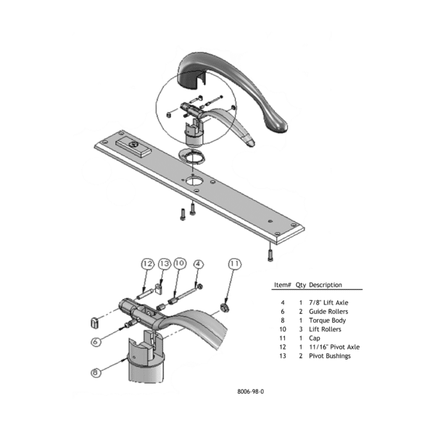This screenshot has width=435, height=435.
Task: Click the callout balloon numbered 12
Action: (148, 264)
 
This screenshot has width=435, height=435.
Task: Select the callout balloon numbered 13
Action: (165, 264)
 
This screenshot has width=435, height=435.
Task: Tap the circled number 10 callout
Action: (180, 263)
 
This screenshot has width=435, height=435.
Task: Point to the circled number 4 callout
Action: (198, 265)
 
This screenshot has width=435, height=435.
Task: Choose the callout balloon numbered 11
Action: (235, 264)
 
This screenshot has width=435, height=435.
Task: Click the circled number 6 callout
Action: (96, 341)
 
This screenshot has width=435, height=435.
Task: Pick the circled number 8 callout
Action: (96, 373)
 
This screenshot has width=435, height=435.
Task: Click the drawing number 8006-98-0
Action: (251, 391)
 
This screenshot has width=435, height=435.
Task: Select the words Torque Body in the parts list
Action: (328, 320)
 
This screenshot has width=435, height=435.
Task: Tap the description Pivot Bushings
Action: (330, 356)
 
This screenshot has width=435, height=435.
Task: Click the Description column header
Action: (326, 285)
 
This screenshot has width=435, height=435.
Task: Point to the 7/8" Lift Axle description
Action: (328, 302)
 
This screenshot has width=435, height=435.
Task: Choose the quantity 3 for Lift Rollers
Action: (301, 329)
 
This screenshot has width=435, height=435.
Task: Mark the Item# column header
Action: (283, 285)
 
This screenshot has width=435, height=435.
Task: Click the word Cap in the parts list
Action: (315, 338)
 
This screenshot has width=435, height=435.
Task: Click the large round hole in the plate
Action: (193, 181)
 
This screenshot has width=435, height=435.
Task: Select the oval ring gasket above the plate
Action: (192, 157)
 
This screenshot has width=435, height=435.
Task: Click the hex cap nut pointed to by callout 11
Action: (225, 307)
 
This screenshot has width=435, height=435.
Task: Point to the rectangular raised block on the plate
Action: (134, 148)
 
